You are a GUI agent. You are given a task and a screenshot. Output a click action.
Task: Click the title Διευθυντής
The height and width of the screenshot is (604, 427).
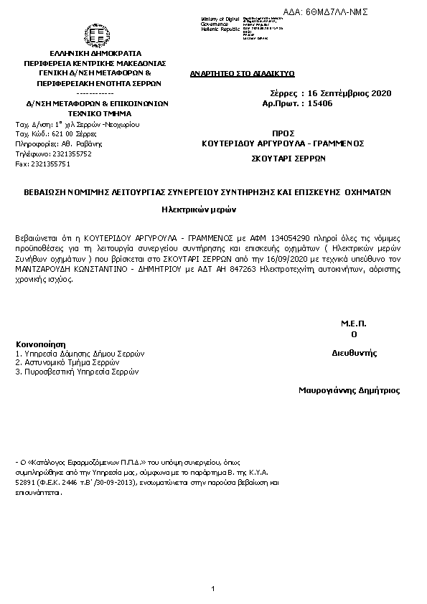click(x=355, y=354)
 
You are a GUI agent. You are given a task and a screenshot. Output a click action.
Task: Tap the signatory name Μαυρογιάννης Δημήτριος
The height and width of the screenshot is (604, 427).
click(x=349, y=391)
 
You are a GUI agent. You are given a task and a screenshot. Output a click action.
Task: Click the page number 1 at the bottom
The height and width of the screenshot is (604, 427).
click(x=213, y=589)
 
